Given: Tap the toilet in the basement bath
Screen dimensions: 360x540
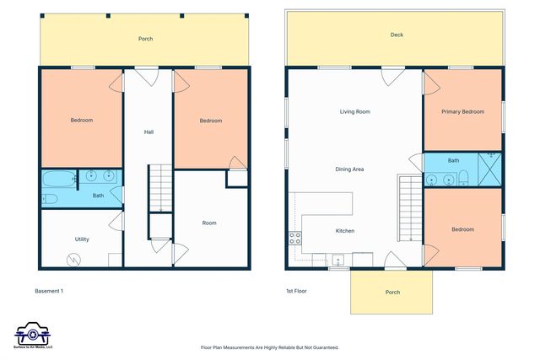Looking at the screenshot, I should pyautogui.click(x=50, y=199).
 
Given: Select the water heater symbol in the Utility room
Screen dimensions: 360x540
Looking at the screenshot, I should pyautogui.click(x=75, y=260).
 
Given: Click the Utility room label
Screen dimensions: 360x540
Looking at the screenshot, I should pyautogui.click(x=82, y=239).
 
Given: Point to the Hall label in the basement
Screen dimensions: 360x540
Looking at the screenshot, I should pyautogui.click(x=148, y=132).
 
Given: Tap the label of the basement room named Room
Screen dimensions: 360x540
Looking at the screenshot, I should pyautogui.click(x=209, y=223).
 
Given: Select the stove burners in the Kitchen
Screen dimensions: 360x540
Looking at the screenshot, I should pyautogui.click(x=295, y=238).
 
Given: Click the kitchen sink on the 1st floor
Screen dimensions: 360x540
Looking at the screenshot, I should pyautogui.click(x=337, y=259).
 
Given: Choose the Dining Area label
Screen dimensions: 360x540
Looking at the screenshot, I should pyautogui.click(x=349, y=169).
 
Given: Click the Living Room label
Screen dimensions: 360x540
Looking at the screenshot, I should pyautogui.click(x=354, y=111).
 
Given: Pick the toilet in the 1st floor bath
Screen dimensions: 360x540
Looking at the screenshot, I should pyautogui.click(x=463, y=178).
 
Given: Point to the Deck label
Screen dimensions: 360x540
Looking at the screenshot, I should pyautogui.click(x=397, y=35).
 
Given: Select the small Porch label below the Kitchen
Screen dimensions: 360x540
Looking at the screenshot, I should pyautogui.click(x=392, y=293).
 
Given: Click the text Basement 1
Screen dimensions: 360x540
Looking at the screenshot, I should pyautogui.click(x=49, y=292).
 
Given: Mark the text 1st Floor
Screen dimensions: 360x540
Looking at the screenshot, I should pyautogui.click(x=295, y=292).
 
